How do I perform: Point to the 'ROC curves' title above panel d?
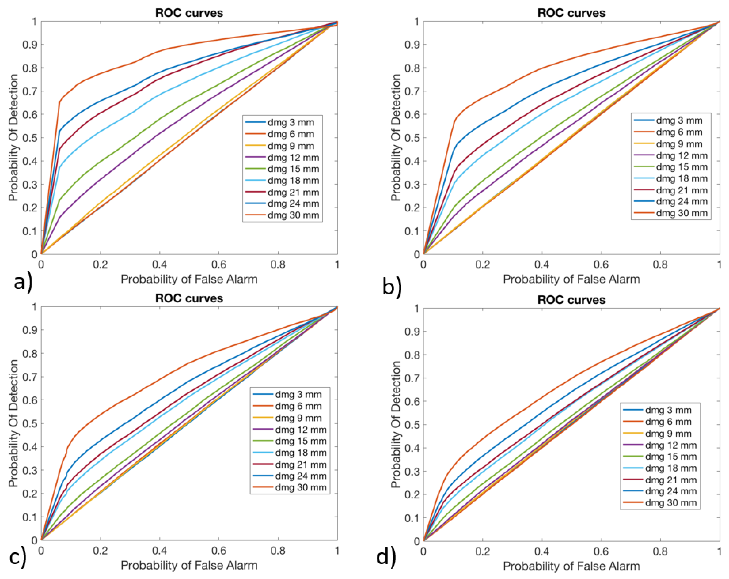pos(571,300)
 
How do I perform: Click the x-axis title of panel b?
pos(571,279)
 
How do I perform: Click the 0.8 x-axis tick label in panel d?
pos(660,551)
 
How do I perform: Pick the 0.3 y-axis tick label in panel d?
pos(412,472)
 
